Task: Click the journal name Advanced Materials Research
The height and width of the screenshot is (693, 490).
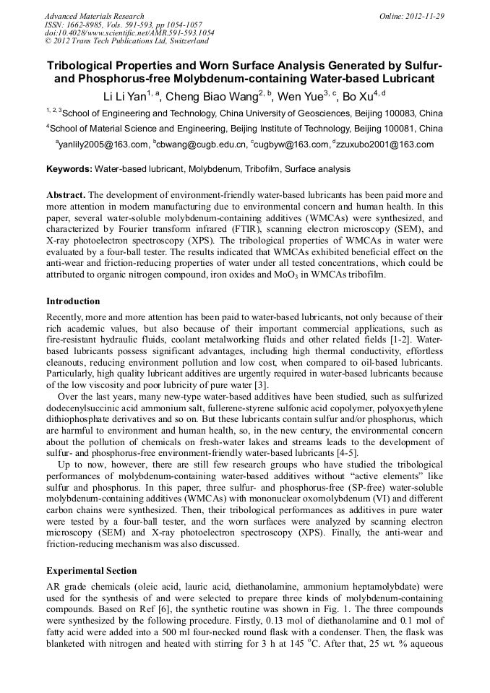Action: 94,16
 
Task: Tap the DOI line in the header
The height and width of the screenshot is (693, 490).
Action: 129,33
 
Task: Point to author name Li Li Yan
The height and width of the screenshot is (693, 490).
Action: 124,95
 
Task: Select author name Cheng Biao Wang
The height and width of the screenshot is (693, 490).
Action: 206,95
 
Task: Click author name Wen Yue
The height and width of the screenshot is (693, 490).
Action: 297,95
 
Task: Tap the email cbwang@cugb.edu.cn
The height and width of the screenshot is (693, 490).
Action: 202,145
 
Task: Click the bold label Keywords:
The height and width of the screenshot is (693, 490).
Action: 69,169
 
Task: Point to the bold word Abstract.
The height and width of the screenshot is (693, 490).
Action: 66,196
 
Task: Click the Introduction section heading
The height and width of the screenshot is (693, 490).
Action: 73,301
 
